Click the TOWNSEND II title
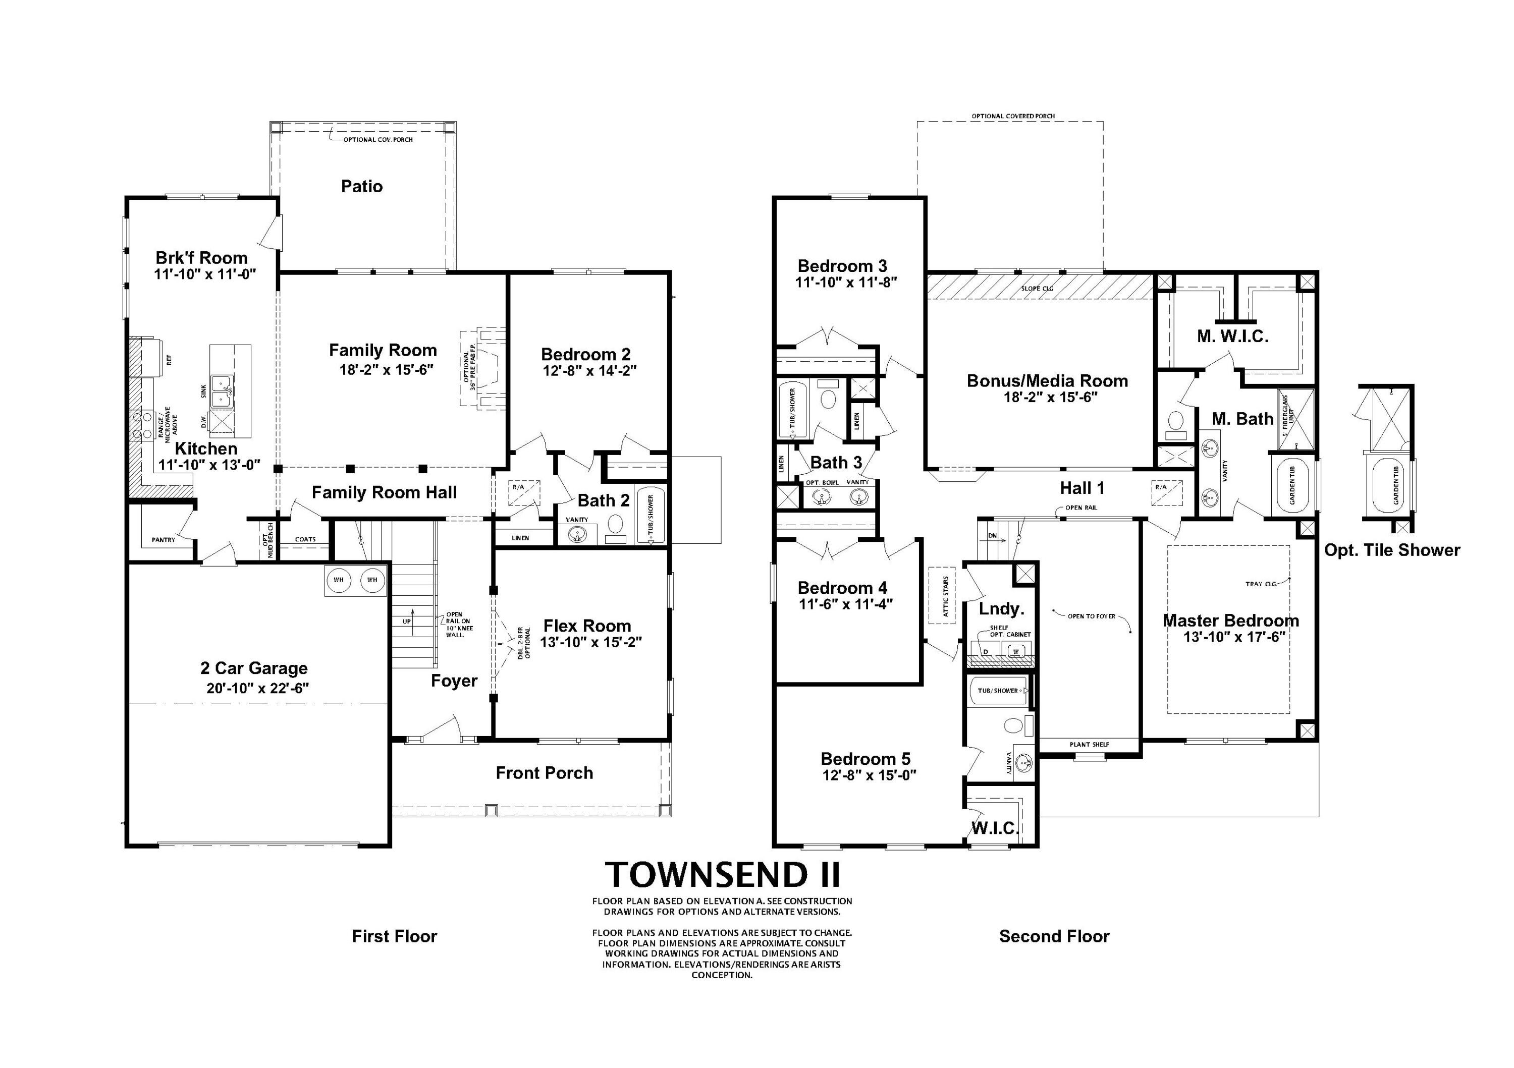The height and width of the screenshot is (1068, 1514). [723, 875]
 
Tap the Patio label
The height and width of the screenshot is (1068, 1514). [361, 187]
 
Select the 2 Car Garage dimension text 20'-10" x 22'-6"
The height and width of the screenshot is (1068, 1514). [258, 688]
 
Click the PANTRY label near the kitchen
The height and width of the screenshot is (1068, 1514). [164, 540]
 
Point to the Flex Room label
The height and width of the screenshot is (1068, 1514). [587, 626]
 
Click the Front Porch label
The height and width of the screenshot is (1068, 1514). [544, 773]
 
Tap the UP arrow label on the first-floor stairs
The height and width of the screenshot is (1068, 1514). [407, 622]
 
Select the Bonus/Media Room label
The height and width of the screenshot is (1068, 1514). [1047, 381]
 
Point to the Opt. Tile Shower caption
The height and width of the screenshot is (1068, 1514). [1392, 550]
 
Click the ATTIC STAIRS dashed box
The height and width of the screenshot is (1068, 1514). [942, 595]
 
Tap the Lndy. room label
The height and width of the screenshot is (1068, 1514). [1001, 608]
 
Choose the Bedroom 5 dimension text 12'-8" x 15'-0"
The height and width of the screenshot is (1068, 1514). [869, 775]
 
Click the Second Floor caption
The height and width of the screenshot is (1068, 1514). [1054, 936]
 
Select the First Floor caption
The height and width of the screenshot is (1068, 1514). [394, 936]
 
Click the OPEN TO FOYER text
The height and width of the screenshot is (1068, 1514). [1091, 616]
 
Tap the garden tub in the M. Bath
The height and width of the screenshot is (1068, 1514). [1291, 485]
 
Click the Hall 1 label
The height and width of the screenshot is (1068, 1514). [1082, 488]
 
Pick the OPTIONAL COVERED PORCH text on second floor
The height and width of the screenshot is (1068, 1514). [1013, 117]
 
